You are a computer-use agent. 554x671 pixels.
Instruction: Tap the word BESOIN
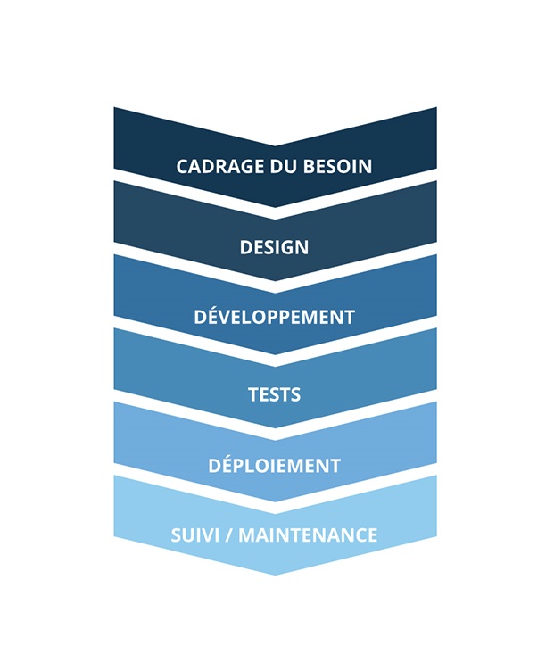tap(337, 166)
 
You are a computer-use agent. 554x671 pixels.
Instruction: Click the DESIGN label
tap(274, 247)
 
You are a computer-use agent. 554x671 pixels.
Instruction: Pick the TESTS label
tap(274, 394)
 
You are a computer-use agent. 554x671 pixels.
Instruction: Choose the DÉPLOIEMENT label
tap(274, 464)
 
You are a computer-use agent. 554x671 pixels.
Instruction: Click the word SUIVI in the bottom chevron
tap(195, 534)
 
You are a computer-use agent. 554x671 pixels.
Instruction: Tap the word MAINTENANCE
tap(308, 534)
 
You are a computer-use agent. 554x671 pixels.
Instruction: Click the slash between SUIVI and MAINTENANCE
tap(229, 534)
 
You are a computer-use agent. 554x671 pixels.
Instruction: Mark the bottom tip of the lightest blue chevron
tap(275, 576)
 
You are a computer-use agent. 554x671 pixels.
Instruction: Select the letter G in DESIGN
tap(285, 247)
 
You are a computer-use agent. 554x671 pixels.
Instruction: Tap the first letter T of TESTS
tap(254, 394)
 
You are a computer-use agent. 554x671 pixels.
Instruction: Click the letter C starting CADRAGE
tap(182, 166)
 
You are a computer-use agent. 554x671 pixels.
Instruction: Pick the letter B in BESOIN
tap(310, 166)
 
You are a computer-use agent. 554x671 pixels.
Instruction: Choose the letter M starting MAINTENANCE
tap(248, 534)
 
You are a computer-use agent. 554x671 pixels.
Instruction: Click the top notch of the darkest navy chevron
tap(275, 146)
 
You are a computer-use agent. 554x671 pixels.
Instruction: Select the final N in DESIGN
tap(302, 247)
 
